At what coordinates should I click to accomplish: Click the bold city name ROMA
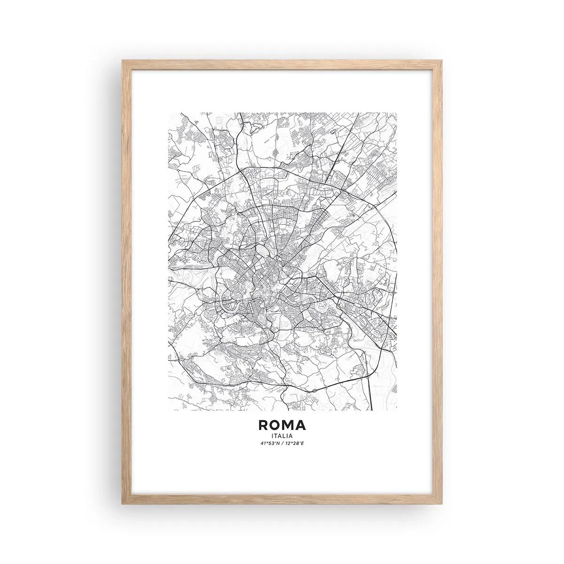coord(282,425)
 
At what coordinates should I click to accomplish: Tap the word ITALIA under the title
coord(282,436)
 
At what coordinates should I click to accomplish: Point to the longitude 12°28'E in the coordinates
coord(295,444)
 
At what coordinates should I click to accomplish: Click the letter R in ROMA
coord(263,425)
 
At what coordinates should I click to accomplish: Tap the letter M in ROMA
coord(288,425)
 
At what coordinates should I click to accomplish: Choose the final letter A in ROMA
coord(301,425)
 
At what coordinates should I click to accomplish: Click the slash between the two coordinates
coord(282,444)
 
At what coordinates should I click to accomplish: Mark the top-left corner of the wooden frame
coord(123,61)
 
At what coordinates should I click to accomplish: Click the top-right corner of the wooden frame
coord(441,61)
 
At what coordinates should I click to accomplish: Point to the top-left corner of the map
coord(168,112)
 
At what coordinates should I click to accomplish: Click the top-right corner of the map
coord(396,112)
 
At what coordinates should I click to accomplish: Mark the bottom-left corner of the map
coord(168,410)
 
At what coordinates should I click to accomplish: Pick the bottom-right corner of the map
coord(396,410)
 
